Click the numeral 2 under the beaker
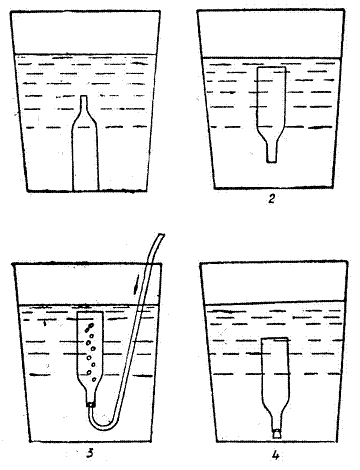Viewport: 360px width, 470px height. [272, 199]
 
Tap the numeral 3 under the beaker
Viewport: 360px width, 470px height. [90, 453]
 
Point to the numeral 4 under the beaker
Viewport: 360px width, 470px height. [275, 455]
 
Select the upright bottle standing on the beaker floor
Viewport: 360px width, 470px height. [85, 143]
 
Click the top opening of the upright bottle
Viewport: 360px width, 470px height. [84, 97]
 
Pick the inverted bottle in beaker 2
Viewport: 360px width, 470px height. [271, 115]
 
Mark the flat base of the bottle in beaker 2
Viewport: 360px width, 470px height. [272, 67]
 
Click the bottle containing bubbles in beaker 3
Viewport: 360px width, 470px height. [90, 358]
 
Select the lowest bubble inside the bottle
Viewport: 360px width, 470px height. [94, 379]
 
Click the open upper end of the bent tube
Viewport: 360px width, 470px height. [161, 235]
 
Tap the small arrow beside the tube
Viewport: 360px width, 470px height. [135, 284]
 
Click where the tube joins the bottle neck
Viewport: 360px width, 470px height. [90, 404]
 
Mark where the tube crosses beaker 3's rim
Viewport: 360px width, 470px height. [149, 264]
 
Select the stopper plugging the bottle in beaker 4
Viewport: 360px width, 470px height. [276, 434]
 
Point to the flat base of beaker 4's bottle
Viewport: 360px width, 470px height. [275, 338]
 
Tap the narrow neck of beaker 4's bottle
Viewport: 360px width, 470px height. [276, 422]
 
